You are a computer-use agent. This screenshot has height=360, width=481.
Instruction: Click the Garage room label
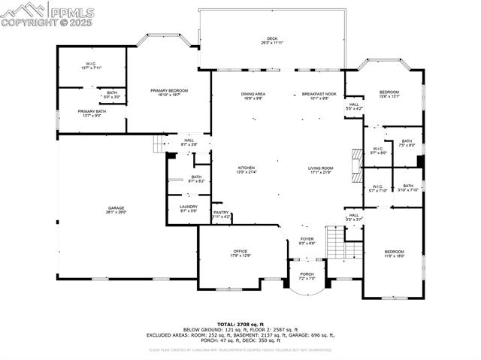116,210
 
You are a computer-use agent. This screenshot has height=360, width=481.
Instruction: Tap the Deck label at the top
272,41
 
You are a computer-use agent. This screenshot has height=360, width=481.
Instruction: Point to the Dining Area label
252,95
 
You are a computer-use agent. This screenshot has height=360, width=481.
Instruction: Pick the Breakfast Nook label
316,95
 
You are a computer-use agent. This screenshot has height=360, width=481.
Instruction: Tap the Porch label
307,275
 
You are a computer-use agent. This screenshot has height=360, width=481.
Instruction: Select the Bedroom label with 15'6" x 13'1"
389,94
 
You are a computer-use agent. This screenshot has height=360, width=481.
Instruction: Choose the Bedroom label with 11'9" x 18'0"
395,253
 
